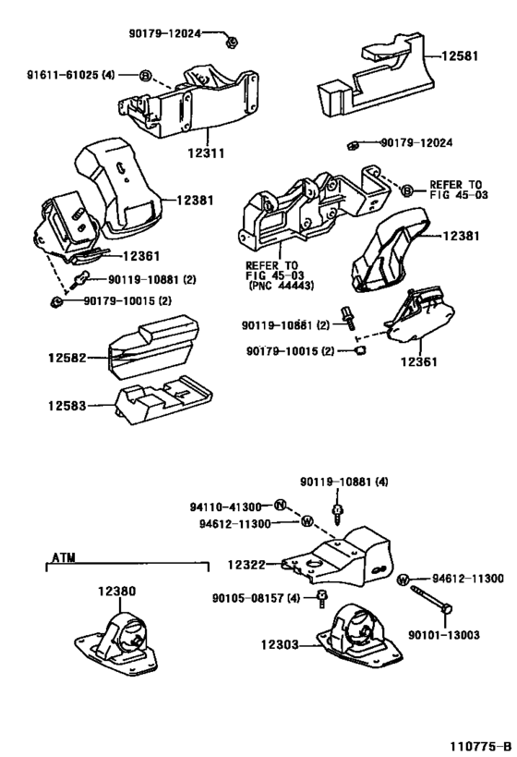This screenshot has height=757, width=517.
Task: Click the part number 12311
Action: pos(206,153)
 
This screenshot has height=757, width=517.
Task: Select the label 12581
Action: pos(460,56)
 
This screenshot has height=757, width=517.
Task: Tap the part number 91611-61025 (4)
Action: pos(71,75)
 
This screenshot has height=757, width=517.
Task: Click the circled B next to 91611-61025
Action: pos(145,75)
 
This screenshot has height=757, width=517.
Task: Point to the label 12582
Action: pos(67,358)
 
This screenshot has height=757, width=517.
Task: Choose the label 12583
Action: pos(67,406)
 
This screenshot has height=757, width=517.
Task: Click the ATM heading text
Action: pos(64,557)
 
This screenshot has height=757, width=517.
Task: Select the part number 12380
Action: pos(117,591)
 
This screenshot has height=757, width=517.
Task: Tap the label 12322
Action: pos(246,565)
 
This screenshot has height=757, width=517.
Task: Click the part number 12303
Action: pos(281,644)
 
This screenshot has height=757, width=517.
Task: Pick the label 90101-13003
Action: pos(444,634)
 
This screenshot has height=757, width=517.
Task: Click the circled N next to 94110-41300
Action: pos(281,506)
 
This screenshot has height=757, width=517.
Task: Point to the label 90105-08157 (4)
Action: pos(256,598)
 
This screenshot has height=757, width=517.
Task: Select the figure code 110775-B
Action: pos(480,747)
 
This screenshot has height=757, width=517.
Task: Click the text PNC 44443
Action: pos(282,286)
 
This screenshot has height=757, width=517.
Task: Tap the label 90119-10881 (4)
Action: pos(343,482)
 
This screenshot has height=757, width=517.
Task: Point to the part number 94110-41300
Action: pos(225,507)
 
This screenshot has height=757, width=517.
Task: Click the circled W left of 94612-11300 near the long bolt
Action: pos(403,580)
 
